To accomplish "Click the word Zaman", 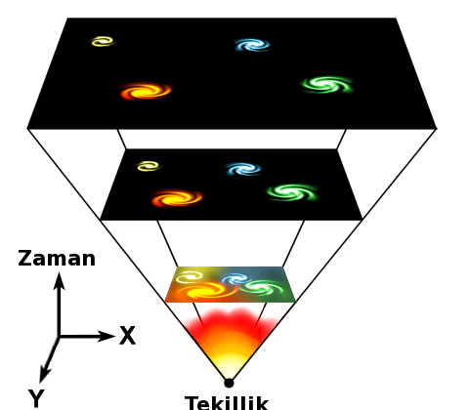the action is coord(57,259).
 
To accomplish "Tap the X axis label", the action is coord(127,335).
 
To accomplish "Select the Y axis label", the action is coord(36,399).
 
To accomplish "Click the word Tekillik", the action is coord(227,403).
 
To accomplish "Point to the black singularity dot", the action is coord(229,383).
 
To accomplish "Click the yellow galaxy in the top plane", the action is coord(103,41).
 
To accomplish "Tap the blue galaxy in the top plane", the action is coord(252,45).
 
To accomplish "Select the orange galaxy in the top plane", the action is coord(146,91).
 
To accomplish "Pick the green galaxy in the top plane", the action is coord(327,84).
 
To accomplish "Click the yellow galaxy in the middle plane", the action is coord(149,166).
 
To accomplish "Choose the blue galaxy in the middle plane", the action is coord(243,169).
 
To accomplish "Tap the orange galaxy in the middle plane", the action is coord(177,198).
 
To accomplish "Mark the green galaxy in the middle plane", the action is coord(292,192).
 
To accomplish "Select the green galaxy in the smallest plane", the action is coord(264,287).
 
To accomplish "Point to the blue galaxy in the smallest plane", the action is coord(236,279).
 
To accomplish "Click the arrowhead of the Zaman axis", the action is coord(59,281).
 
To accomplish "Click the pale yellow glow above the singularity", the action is coord(229,366).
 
